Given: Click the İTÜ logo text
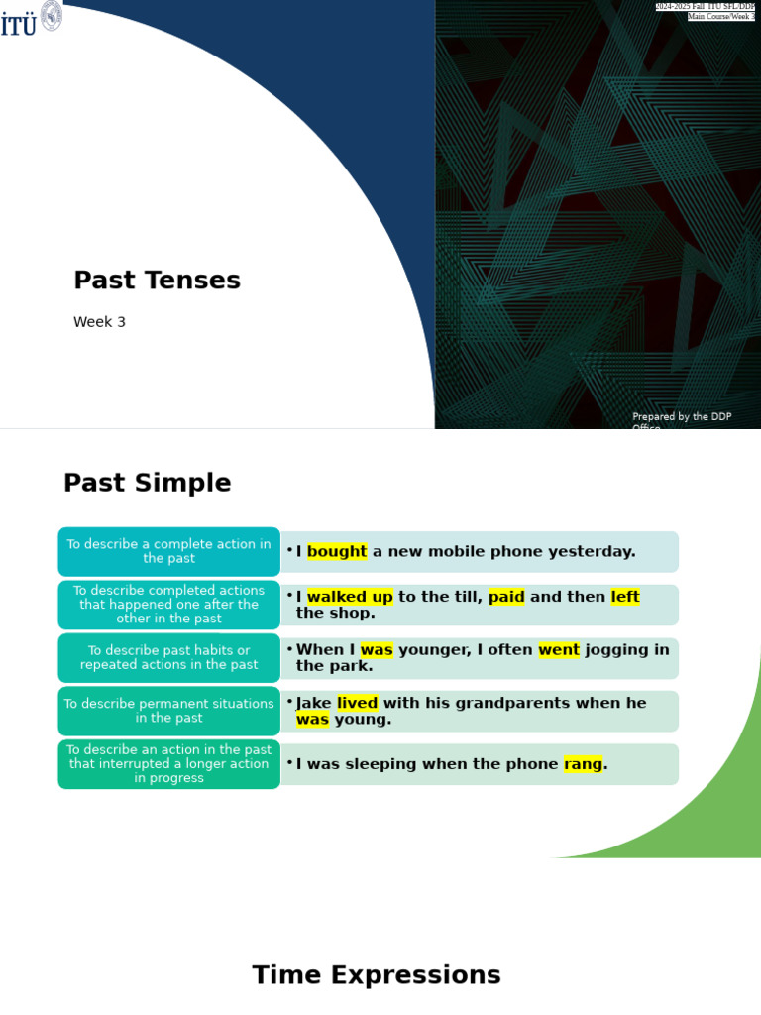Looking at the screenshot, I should [x=18, y=24].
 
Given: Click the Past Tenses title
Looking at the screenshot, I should [x=157, y=281].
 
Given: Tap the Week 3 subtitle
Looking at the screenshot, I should [x=99, y=322].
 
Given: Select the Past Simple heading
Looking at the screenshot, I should [x=147, y=484].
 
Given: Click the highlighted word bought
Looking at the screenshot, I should [x=337, y=552].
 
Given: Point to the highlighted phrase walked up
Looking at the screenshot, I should [x=350, y=597].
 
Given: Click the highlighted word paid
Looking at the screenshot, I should [x=506, y=597].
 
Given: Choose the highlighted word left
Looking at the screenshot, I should [x=625, y=597].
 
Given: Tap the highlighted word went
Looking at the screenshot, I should [x=559, y=650].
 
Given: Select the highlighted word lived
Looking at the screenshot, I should [x=357, y=704].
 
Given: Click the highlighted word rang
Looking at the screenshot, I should [x=583, y=764].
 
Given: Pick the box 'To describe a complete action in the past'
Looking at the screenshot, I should [x=168, y=552].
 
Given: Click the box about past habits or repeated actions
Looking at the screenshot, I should [x=168, y=658].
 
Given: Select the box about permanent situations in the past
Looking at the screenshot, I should [x=168, y=711].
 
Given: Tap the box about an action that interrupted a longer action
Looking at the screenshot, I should [x=168, y=764].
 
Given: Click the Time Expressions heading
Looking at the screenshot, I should [x=377, y=975].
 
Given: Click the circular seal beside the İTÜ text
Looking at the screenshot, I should [x=52, y=15].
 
